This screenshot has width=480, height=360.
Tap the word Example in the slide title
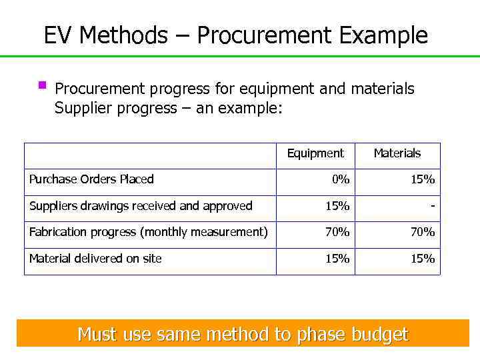click(383, 35)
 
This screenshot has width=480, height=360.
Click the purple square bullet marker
click(42, 85)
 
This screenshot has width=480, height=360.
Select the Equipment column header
click(315, 153)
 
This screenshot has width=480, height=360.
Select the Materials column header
click(397, 153)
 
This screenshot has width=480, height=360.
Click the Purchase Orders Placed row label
click(91, 179)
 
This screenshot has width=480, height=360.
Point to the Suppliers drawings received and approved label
click(141, 206)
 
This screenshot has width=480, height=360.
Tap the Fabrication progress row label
click(148, 232)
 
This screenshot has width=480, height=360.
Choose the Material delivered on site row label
click(95, 259)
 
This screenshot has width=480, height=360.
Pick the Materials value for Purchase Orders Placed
click(423, 179)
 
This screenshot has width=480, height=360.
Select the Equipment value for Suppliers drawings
click(337, 206)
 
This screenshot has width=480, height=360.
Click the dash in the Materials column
click(433, 206)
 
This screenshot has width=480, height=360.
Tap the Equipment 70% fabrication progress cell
click(337, 232)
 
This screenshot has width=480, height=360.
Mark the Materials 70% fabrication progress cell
click(423, 232)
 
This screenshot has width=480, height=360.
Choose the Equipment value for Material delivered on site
click(337, 259)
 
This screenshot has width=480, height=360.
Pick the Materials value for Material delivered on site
click(423, 259)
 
